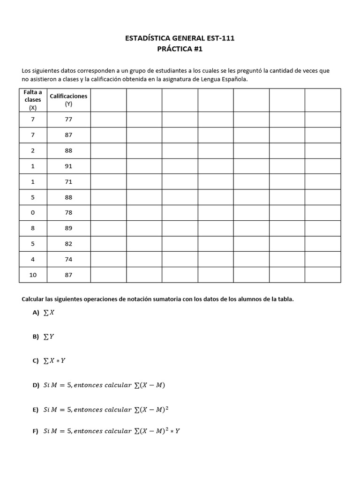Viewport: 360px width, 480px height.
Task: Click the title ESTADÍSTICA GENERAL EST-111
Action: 180,38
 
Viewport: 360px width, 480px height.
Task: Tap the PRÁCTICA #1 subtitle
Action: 180,49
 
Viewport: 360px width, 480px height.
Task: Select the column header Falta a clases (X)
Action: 33,100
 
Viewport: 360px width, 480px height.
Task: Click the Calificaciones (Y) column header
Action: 68,100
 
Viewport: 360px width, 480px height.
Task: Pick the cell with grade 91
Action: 68,166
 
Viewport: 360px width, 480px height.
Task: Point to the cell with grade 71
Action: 68,181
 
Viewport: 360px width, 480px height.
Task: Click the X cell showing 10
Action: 33,275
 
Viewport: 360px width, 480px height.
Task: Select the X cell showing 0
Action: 33,213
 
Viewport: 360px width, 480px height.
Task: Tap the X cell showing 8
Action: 33,228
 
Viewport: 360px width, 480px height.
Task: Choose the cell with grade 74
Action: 68,259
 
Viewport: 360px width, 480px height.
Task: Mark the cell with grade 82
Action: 68,244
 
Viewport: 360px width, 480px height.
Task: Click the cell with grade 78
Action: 68,213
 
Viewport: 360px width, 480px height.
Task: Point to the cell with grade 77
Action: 68,119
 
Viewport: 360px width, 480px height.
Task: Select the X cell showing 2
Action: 33,150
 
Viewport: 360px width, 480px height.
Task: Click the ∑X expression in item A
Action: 49,313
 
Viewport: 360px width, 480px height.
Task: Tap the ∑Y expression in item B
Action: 49,337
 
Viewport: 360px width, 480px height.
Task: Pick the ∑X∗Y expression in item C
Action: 54,360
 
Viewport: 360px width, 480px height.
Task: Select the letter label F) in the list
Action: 36,431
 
